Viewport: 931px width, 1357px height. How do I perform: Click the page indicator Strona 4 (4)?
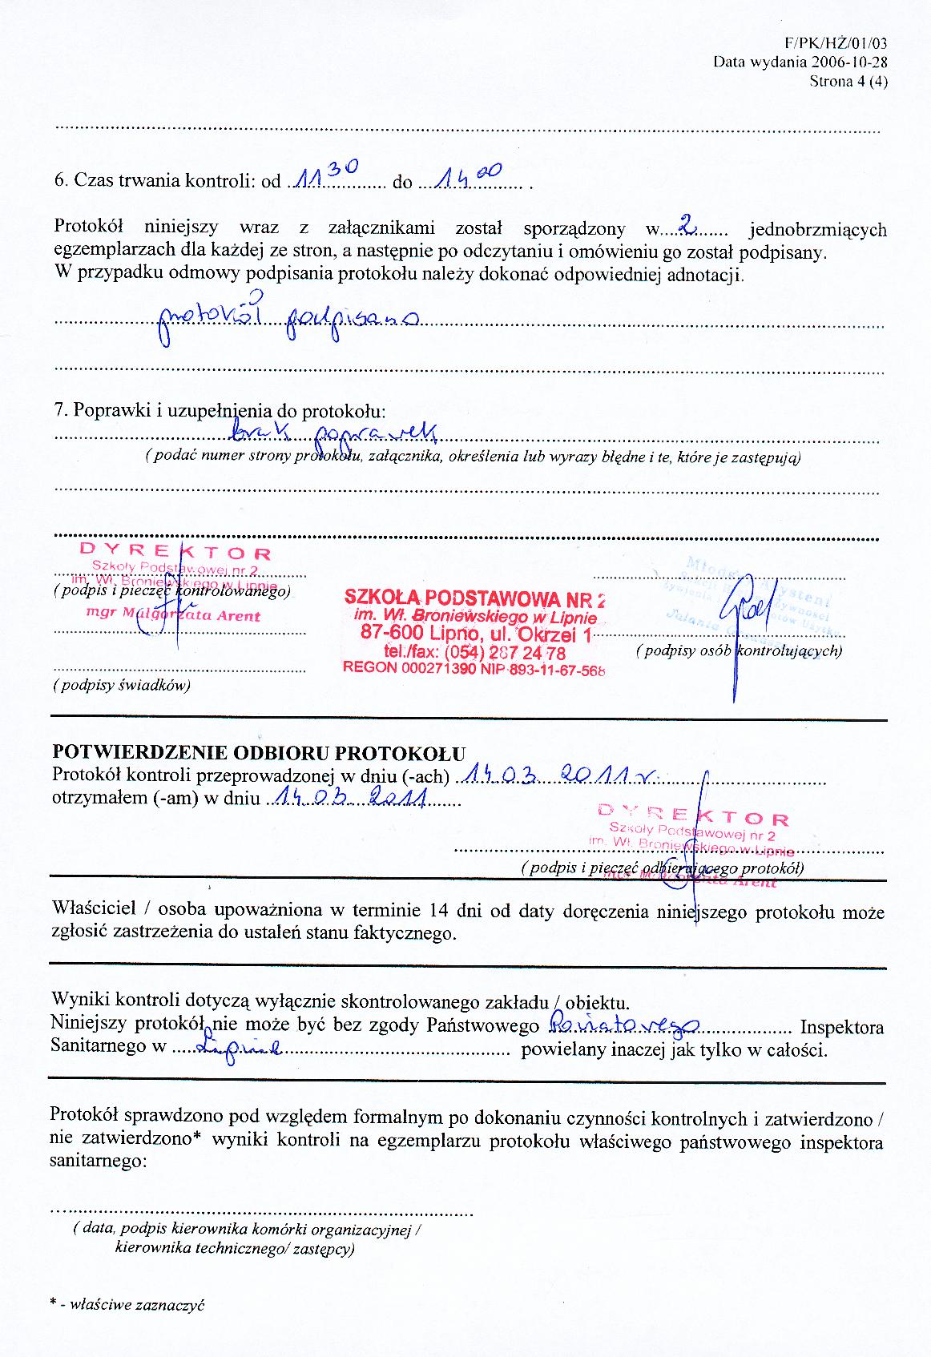[848, 80]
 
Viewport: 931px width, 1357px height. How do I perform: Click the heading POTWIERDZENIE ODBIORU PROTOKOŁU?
[259, 753]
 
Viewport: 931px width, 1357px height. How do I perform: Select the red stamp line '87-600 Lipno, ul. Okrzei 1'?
[477, 634]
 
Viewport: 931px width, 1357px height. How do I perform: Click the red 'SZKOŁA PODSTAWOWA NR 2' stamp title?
[474, 598]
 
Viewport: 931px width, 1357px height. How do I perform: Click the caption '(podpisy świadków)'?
[121, 686]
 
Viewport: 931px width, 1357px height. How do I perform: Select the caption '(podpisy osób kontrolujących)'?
[739, 650]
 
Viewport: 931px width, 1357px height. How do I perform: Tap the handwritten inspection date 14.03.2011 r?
[560, 775]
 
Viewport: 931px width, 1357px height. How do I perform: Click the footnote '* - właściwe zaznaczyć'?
[127, 1305]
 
